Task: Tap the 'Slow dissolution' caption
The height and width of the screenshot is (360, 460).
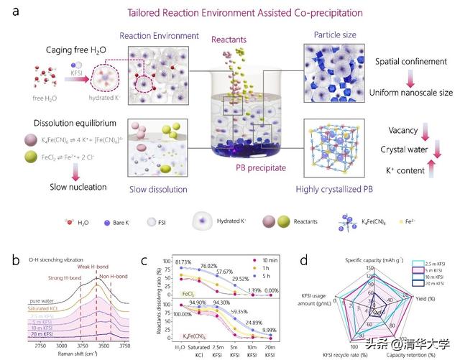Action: click(160, 189)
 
